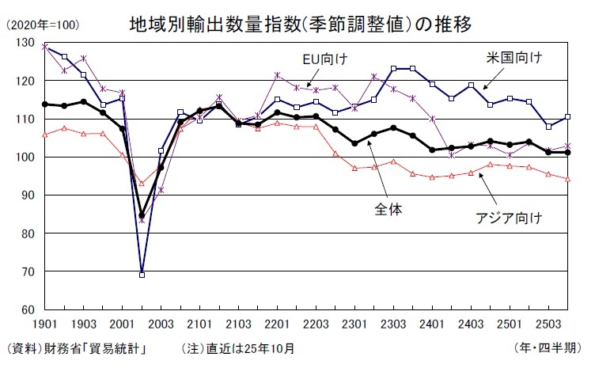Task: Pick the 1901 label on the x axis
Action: [44, 325]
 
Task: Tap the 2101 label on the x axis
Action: [200, 325]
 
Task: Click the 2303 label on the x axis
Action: [395, 325]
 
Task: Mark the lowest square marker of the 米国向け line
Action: [142, 275]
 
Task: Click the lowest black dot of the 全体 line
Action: [142, 215]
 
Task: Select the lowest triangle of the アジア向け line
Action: [142, 183]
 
